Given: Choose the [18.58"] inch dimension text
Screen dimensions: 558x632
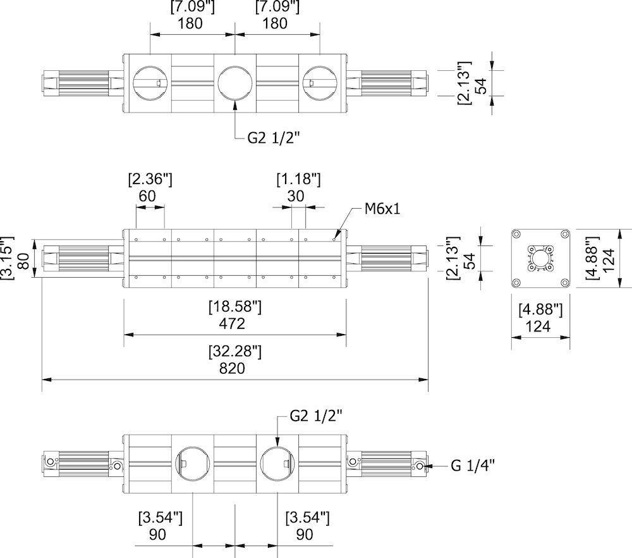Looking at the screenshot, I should point(234,307).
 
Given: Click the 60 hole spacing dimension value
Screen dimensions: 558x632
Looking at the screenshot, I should point(147,195).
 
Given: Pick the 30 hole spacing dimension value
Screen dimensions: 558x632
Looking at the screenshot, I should point(296,195).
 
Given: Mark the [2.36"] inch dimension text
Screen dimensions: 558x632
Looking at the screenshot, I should point(150,179).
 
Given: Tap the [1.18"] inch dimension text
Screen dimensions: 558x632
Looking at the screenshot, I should point(298,179).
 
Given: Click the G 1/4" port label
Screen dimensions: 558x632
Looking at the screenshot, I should point(472,466).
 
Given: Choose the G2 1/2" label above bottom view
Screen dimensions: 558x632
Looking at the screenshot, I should point(315,416).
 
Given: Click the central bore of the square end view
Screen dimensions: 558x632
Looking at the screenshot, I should point(540,259).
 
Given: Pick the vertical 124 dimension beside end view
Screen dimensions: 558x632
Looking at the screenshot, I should point(608,259).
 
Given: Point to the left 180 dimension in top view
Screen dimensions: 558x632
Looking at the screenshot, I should point(191,23).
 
